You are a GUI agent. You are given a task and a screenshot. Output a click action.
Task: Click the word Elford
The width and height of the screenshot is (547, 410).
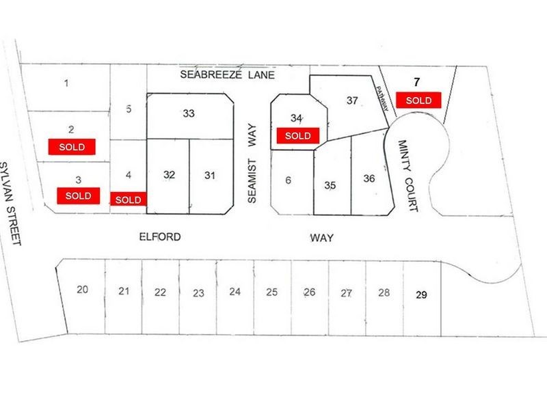coord(158,237)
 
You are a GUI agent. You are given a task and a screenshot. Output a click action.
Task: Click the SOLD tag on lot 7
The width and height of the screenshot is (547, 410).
coord(418,100)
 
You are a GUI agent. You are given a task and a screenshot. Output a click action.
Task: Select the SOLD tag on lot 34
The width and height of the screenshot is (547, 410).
coord(297,135)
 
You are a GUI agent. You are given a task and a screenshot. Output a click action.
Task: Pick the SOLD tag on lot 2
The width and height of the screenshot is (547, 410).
coord(71,146)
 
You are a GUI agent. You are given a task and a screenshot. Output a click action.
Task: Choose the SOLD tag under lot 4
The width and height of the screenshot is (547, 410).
coord(128,200)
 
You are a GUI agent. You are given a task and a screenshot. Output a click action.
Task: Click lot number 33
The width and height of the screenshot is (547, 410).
coord(189,113)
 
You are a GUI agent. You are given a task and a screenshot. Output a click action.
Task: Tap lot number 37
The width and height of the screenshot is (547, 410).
coord(352,100)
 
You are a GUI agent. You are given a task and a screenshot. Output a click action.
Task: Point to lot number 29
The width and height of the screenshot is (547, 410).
coord(421,295)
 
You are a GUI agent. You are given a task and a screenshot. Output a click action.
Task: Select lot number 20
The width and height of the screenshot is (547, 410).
coord(82,290)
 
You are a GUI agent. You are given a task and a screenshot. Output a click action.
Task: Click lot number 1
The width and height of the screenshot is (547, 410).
coord(66,84)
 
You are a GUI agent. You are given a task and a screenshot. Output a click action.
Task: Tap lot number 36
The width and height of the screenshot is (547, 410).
coord(369,179)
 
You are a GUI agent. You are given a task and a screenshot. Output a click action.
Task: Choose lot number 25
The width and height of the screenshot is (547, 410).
coord(271,292)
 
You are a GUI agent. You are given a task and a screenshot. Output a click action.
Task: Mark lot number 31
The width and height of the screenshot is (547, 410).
coord(210,175)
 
